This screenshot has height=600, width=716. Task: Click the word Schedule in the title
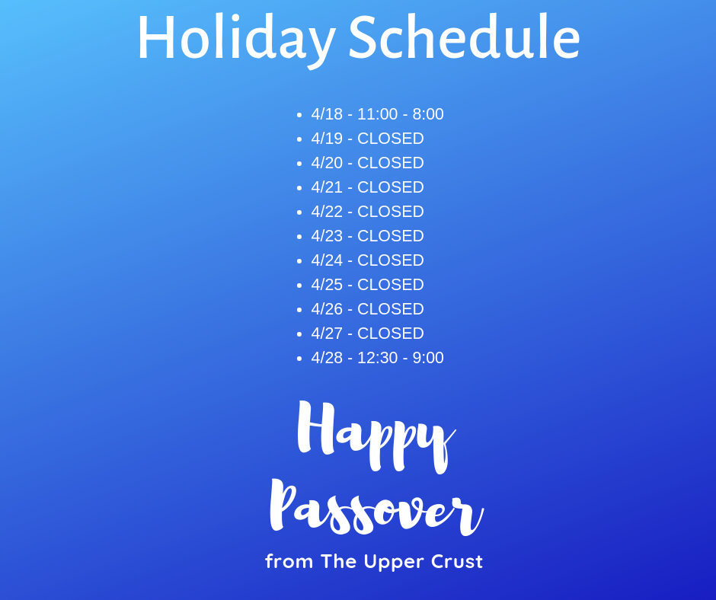464,37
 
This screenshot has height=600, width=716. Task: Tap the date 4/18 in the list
327,114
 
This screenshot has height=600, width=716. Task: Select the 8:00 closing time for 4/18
428,114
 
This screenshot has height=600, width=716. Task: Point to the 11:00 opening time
377,114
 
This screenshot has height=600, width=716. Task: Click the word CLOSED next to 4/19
391,139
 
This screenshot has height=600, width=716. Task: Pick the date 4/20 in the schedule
327,163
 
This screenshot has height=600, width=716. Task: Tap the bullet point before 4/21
299,187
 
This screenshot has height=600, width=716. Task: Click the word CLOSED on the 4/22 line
391,212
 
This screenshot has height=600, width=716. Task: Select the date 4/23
327,236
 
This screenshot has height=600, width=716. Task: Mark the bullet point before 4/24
299,260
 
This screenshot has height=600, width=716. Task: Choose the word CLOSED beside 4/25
391,285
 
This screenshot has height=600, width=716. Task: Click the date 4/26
327,309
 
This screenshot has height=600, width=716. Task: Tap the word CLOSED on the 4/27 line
391,334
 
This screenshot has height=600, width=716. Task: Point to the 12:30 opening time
377,358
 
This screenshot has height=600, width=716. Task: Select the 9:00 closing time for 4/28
428,358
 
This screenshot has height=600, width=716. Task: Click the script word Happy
376,436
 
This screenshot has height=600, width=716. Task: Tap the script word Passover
376,508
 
